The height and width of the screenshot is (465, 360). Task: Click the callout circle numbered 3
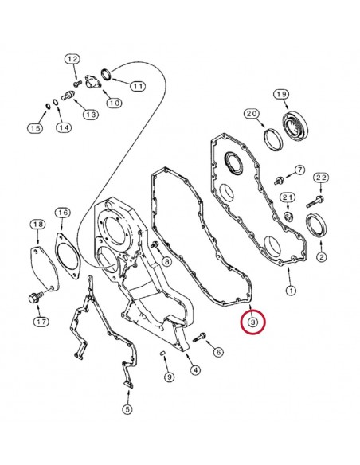click(x=252, y=322)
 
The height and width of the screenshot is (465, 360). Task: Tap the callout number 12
click(x=72, y=60)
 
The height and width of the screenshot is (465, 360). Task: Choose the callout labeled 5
click(x=127, y=409)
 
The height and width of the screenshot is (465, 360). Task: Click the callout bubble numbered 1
click(x=291, y=291)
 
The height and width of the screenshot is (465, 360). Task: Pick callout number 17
click(x=40, y=322)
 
